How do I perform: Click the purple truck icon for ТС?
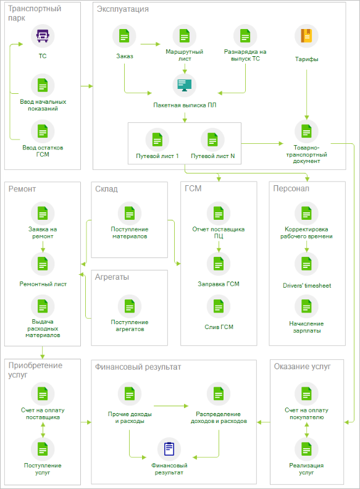point(43,36)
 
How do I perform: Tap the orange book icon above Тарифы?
point(306,36)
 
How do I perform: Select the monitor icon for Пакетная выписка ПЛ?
point(185,85)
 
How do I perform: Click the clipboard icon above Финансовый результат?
point(169,449)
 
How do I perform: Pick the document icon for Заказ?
point(124,36)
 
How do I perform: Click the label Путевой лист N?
point(213,156)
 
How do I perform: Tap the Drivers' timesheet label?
point(307,285)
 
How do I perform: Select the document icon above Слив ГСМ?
point(219,306)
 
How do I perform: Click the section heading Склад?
point(106,189)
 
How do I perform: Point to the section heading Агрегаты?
point(112,277)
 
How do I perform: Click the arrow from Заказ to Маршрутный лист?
point(151,44)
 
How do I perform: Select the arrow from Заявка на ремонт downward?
point(43,246)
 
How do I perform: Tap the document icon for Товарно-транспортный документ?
point(306,132)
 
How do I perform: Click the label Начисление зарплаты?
point(307,327)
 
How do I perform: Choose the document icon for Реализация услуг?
point(306,449)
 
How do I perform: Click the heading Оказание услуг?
point(303,366)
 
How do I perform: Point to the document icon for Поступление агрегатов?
point(130,306)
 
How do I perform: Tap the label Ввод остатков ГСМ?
point(43,151)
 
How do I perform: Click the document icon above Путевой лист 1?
point(157,140)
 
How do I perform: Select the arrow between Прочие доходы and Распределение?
point(171,406)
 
